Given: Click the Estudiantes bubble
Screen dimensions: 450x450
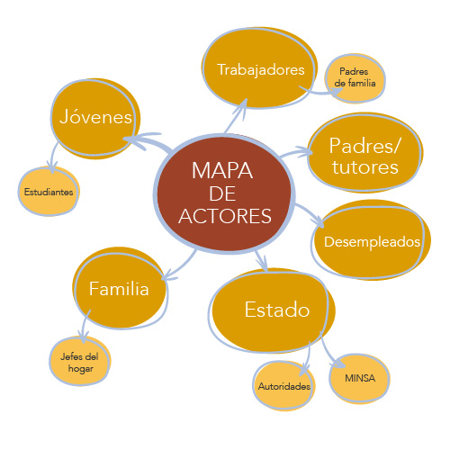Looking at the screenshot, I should [x=49, y=192].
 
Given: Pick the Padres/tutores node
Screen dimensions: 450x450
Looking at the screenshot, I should [x=364, y=155].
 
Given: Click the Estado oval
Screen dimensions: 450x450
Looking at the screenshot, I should [x=276, y=310].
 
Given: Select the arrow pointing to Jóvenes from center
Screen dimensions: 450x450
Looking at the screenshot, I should [x=144, y=140].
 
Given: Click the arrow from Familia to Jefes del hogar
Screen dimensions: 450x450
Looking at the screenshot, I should [x=85, y=326].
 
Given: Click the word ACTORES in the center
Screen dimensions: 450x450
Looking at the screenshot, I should [x=225, y=216].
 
